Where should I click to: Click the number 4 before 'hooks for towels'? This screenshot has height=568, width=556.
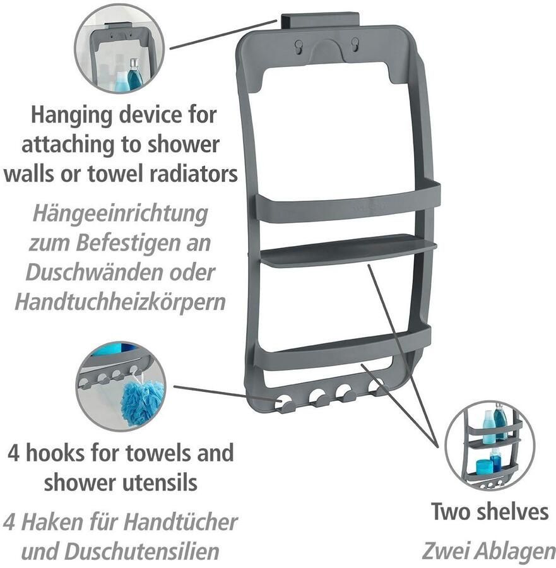click(x=13, y=453)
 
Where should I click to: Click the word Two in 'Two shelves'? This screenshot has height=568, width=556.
click(x=452, y=511)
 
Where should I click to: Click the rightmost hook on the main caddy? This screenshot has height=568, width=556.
click(x=377, y=390)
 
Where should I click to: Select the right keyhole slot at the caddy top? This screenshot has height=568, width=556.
click(x=355, y=44)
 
